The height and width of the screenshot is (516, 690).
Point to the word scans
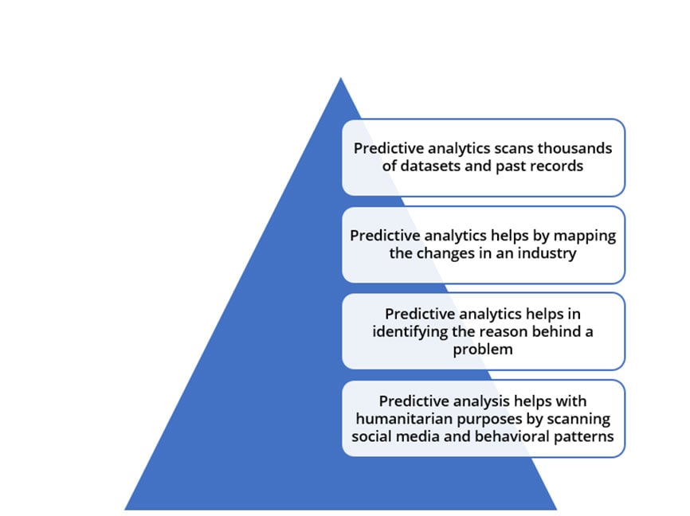pos(514,148)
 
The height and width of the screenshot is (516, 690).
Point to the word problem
pos(483,350)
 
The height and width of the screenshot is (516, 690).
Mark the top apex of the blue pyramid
pos(340,78)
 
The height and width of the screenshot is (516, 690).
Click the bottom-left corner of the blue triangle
pos(125,510)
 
